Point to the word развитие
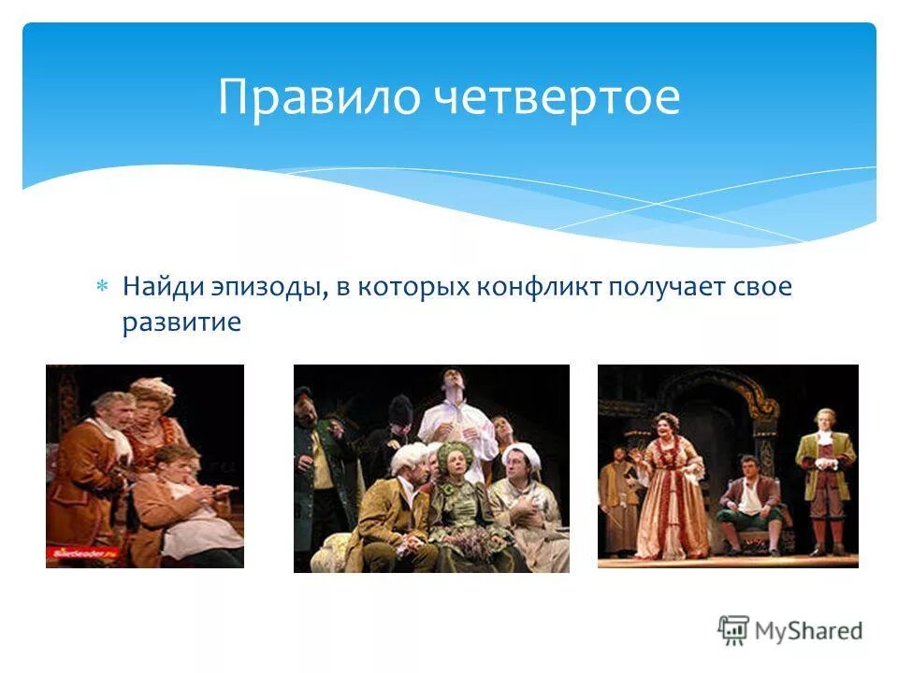pos(181,323)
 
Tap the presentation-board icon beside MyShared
pos(734,630)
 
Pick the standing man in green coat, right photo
pos(825,477)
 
